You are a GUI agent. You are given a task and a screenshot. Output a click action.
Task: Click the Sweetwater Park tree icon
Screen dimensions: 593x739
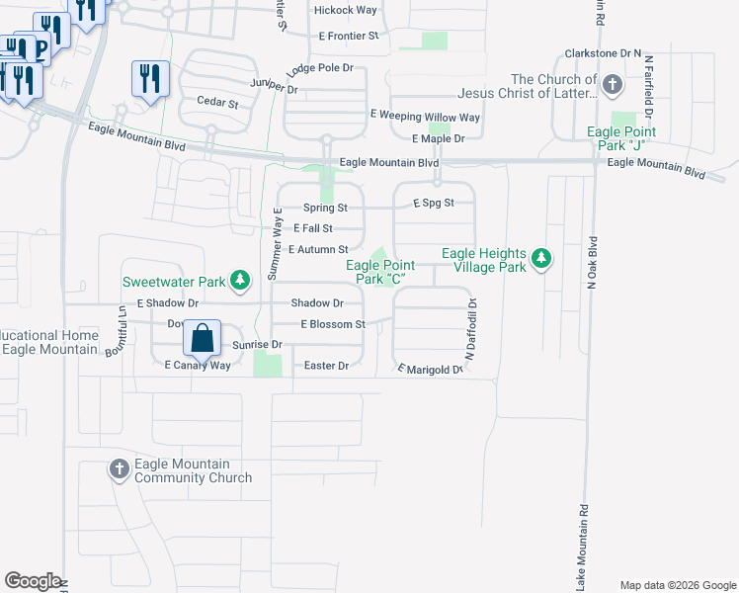239,282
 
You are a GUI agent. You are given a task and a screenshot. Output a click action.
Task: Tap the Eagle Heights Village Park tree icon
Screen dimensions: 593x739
540,260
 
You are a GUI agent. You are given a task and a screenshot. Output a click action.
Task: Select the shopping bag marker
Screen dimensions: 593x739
202,339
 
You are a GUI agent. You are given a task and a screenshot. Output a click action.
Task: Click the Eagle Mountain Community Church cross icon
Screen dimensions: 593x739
119,469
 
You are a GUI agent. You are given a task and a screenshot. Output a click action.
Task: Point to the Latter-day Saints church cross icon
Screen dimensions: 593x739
613,85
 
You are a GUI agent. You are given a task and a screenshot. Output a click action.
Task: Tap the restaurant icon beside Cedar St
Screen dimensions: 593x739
150,78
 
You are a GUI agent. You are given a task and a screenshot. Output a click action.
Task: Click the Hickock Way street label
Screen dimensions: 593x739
345,10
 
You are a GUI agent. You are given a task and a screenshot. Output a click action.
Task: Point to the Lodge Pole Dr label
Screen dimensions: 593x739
319,69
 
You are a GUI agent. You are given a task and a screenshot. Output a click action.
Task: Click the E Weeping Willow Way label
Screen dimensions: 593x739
425,117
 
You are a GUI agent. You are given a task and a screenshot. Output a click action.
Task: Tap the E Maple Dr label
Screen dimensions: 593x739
438,138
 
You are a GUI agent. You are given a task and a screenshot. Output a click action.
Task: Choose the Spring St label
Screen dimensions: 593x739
325,208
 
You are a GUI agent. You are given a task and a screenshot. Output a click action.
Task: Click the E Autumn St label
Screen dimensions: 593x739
317,250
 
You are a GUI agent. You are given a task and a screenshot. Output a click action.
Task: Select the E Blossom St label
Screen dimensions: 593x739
333,324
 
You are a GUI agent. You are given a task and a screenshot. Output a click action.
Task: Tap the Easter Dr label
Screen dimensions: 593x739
327,366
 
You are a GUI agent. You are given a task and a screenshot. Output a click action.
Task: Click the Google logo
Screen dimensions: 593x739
33,581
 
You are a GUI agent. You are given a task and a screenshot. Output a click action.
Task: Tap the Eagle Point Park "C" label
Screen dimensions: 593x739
380,273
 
